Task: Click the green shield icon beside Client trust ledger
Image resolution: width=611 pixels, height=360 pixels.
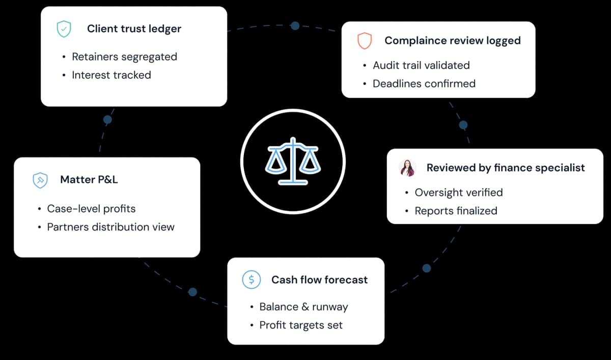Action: pos(64,29)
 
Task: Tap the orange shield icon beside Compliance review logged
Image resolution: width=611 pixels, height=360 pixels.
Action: pos(365,41)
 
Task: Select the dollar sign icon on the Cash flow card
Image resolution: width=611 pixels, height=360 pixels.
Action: pos(251,280)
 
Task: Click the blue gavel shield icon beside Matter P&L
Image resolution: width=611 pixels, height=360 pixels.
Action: pos(40,180)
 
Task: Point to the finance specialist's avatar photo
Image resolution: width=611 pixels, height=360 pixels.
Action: pos(408,168)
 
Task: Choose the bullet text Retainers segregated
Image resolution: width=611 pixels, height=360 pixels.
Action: pos(124,57)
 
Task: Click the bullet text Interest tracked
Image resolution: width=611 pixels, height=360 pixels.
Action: pos(111,75)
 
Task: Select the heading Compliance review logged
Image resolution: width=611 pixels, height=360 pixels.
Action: pos(452,41)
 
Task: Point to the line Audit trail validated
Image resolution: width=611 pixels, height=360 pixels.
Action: pos(421,65)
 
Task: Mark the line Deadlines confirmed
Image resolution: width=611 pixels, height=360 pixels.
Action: pos(424,84)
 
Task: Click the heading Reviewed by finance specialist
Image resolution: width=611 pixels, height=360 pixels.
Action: pos(506,168)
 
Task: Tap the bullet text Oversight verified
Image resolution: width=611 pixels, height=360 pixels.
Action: pos(458,192)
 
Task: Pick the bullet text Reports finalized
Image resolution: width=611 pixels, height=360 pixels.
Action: pos(456,211)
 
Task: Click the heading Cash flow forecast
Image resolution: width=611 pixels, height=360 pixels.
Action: pos(319,280)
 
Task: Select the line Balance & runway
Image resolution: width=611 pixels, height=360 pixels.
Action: pos(303,307)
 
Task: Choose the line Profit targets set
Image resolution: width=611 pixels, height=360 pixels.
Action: pos(301,325)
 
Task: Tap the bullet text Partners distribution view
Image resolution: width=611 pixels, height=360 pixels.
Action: pos(110,227)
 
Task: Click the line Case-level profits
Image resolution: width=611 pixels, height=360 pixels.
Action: pos(91,209)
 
